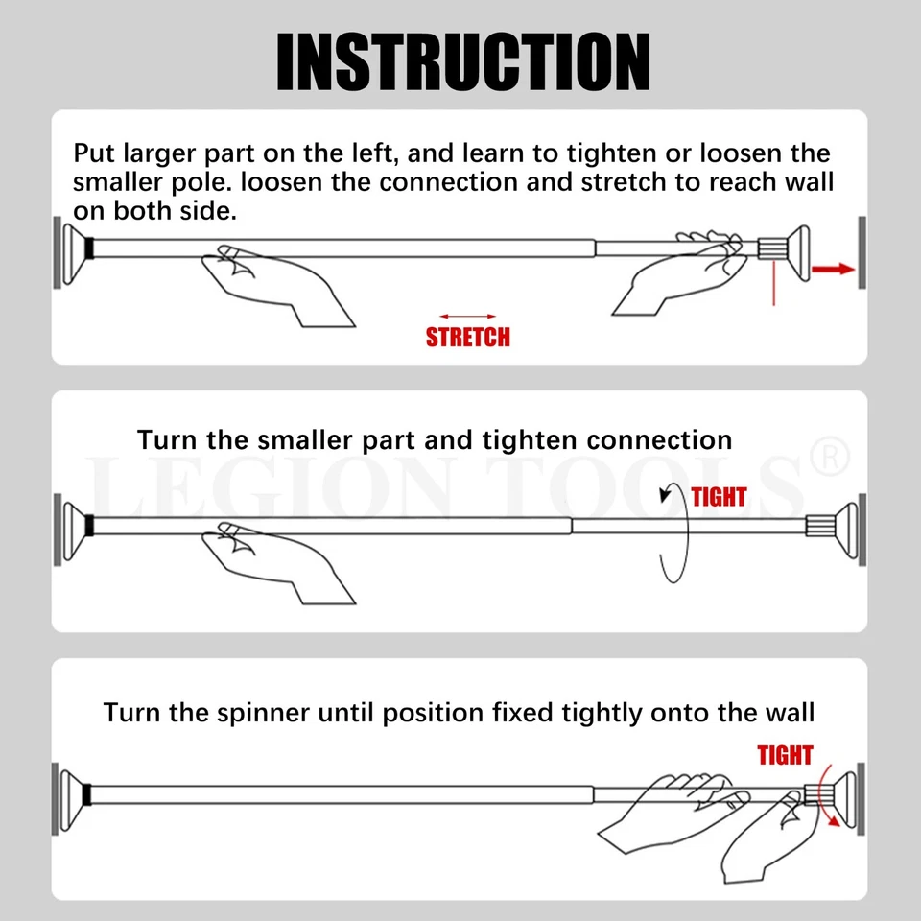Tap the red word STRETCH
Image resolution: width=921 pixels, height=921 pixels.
[x=467, y=337]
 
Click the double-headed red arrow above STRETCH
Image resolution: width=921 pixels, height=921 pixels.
[x=467, y=316]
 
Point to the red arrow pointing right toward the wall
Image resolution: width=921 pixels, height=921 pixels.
[x=832, y=270]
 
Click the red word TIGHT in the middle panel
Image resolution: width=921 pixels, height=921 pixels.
[x=719, y=497]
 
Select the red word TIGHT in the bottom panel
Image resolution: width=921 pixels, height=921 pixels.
[x=785, y=755]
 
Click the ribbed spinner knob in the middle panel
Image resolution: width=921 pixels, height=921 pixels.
[x=818, y=525]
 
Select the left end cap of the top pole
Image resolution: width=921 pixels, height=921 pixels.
[x=75, y=249]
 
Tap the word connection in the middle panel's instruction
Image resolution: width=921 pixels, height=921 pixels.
[x=659, y=440]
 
